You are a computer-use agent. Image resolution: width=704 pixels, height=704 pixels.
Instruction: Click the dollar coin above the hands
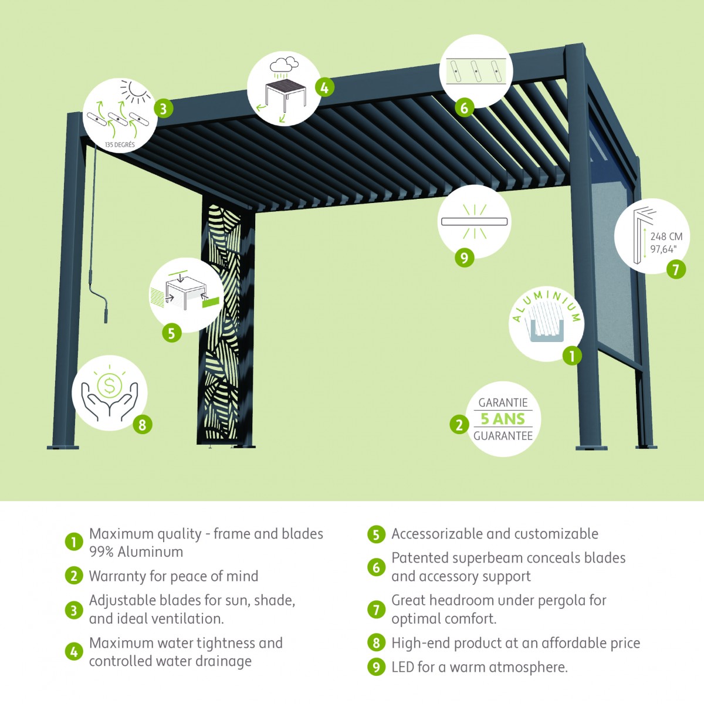tap(109, 385)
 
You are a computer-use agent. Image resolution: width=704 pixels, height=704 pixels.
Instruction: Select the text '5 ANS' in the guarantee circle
tap(502, 419)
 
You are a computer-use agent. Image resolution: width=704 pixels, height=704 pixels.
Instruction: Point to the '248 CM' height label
tap(666, 236)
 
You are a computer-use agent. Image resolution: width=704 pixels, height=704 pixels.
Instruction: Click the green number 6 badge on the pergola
tap(464, 108)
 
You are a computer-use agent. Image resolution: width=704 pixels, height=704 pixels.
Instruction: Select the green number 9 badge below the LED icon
tap(464, 258)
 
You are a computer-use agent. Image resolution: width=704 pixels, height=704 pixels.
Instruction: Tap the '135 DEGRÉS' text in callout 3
tap(119, 145)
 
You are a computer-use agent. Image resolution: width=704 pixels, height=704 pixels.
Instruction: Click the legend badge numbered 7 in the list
tap(376, 610)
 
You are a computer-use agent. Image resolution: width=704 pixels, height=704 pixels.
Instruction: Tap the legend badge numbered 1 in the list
tap(73, 542)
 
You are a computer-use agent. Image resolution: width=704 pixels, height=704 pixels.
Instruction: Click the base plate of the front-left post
tap(63, 447)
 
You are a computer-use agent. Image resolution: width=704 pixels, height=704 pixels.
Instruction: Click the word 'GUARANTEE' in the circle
tap(503, 436)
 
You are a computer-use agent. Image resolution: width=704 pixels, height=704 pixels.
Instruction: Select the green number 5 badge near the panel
tap(171, 333)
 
